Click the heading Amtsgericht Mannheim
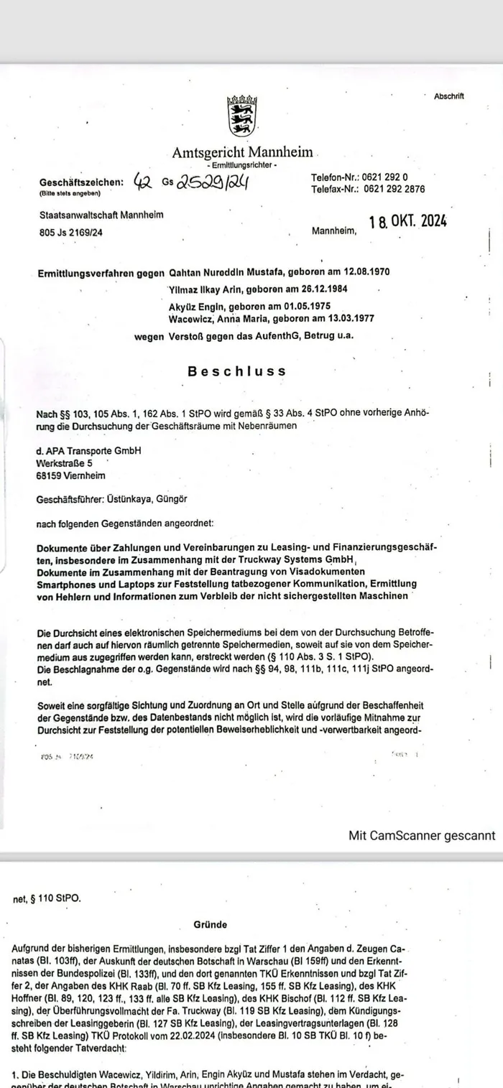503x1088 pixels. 242,152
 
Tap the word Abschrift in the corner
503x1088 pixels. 449,96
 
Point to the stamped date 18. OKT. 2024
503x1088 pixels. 408,222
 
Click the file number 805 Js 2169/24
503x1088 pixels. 70,232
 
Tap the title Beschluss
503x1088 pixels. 237,371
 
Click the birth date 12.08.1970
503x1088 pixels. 386,273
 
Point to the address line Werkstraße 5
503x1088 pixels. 65,463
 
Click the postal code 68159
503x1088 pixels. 50,475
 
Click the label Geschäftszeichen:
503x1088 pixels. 81,182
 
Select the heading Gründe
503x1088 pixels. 210,925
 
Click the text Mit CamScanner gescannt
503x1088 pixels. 422,835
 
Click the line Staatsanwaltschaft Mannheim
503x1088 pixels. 101,215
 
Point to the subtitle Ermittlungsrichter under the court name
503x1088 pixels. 241,166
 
